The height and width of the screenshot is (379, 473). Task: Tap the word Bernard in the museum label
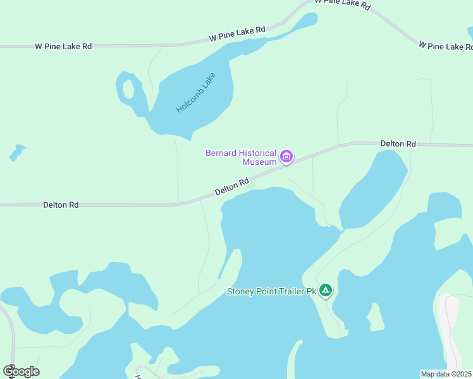click(x=221, y=153)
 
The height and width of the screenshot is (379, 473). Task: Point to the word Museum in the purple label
click(x=259, y=162)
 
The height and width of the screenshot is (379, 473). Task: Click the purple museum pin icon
click(x=286, y=156)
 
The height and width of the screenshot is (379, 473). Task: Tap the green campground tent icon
click(x=325, y=291)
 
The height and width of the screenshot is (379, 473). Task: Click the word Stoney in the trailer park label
click(x=240, y=292)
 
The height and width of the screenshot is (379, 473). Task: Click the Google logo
click(x=21, y=371)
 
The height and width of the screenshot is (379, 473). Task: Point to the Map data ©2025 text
click(x=446, y=373)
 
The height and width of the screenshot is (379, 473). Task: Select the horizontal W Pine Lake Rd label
click(x=63, y=46)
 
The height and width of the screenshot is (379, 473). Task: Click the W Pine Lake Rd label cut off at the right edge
click(x=445, y=45)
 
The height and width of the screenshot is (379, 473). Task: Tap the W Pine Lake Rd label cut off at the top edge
click(x=341, y=4)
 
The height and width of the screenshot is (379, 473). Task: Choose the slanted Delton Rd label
click(x=231, y=186)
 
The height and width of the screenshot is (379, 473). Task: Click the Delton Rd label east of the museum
click(x=398, y=144)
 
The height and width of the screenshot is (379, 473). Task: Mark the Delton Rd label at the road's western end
click(x=61, y=205)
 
